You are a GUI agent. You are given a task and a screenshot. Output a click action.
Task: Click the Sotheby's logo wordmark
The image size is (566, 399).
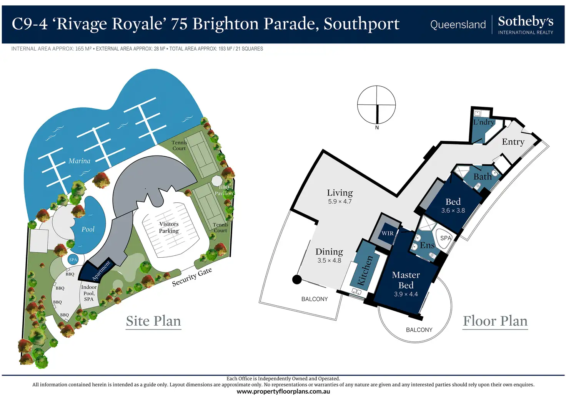point(525,22)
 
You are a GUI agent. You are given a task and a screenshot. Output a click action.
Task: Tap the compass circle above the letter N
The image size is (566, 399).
point(376,104)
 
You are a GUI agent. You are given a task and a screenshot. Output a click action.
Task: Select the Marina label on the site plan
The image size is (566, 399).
point(79,161)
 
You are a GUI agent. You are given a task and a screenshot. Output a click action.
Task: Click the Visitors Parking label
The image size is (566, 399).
point(169,227)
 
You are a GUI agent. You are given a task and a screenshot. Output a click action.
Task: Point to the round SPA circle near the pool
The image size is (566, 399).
point(73,260)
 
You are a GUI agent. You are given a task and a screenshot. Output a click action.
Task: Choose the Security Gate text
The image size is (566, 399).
point(191,277)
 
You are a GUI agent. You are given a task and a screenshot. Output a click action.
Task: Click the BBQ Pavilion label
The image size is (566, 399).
point(224,190)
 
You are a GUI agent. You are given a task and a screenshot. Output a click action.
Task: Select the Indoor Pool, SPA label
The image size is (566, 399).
point(89,293)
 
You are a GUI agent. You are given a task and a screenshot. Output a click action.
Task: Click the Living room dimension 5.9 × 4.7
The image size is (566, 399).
point(340,202)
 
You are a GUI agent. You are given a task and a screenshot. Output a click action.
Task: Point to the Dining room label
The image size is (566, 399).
point(329,252)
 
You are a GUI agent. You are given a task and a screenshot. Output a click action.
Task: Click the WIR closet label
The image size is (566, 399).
point(387,233)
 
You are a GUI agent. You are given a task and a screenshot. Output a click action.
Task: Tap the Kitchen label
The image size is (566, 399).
point(365,270)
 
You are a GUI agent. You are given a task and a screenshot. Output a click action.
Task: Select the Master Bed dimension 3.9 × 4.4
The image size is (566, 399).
point(406,294)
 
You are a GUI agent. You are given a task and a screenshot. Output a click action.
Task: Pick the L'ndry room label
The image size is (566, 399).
point(483,123)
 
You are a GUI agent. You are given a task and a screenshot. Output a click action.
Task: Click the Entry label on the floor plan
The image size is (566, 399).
point(513,142)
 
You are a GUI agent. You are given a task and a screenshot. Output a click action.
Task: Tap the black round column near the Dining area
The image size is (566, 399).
point(297,279)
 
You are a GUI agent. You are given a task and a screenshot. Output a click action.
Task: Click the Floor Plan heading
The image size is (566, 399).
point(495,321)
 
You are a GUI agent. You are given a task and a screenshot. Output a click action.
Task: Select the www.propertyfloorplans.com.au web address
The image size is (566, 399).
point(283,392)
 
